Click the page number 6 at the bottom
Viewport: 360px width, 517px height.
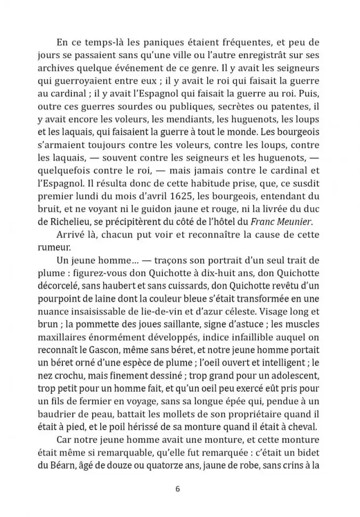pos(179,489)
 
